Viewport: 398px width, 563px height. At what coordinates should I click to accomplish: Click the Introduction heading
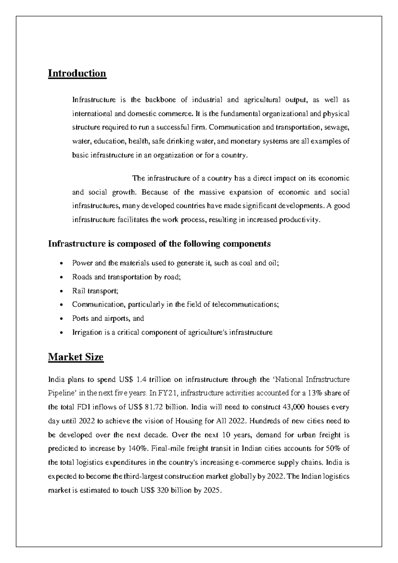77,73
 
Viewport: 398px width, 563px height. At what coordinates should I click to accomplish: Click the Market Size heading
76,357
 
